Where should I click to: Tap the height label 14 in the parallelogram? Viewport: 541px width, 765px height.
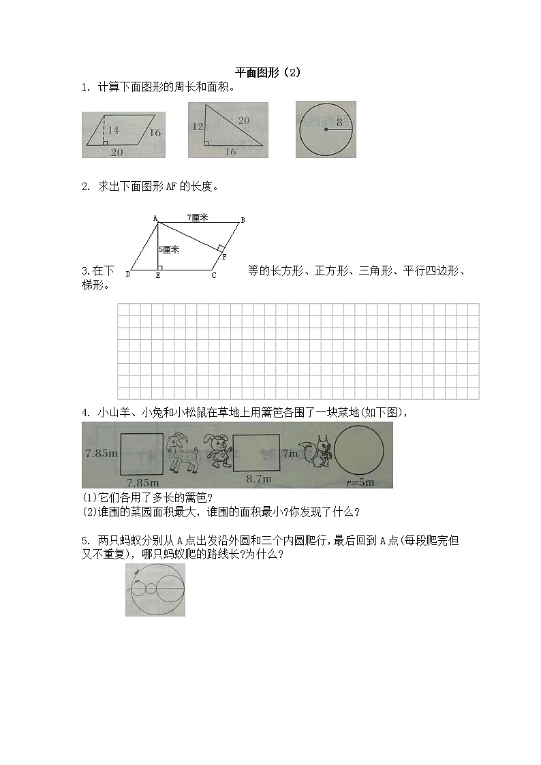coord(113,129)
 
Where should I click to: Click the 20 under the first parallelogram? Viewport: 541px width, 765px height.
coord(117,152)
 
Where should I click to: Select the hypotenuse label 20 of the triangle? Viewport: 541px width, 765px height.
coord(243,121)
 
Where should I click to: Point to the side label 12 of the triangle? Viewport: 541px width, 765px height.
coord(198,127)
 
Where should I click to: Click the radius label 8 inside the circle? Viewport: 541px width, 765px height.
coord(339,123)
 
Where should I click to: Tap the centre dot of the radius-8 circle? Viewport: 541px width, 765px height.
coord(326,129)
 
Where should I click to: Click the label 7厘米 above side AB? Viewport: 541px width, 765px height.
coord(198,217)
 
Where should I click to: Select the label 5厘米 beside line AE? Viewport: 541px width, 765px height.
coord(168,250)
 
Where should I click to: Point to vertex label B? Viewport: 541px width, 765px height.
coord(243,219)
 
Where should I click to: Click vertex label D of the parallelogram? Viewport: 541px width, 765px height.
coord(127,275)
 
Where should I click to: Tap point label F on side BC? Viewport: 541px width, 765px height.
coord(224,256)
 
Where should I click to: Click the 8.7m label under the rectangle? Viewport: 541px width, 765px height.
coord(259,479)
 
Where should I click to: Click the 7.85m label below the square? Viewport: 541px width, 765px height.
coord(142,481)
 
